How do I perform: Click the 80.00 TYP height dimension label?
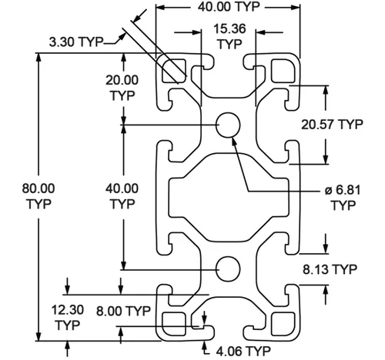click(38, 196)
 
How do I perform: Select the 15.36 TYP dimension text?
click(229, 36)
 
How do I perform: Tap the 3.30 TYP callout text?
click(76, 42)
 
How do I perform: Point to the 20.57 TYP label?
click(332, 125)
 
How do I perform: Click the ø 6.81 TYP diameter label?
click(343, 198)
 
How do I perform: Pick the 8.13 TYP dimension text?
click(330, 269)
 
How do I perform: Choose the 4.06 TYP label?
click(243, 351)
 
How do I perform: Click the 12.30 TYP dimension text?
click(68, 318)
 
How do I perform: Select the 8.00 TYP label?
click(123, 312)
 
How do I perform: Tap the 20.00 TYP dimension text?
click(122, 88)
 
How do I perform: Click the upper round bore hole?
click(228, 125)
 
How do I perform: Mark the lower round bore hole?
click(228, 269)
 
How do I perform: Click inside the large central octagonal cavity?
click(229, 198)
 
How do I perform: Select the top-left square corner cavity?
click(174, 71)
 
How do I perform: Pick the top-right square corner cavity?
click(283, 71)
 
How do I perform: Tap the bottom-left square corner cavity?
click(174, 324)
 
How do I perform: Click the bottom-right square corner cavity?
click(283, 324)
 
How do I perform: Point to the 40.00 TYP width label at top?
click(229, 6)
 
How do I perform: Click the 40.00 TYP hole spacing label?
click(122, 196)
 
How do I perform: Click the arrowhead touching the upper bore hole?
click(234, 142)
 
